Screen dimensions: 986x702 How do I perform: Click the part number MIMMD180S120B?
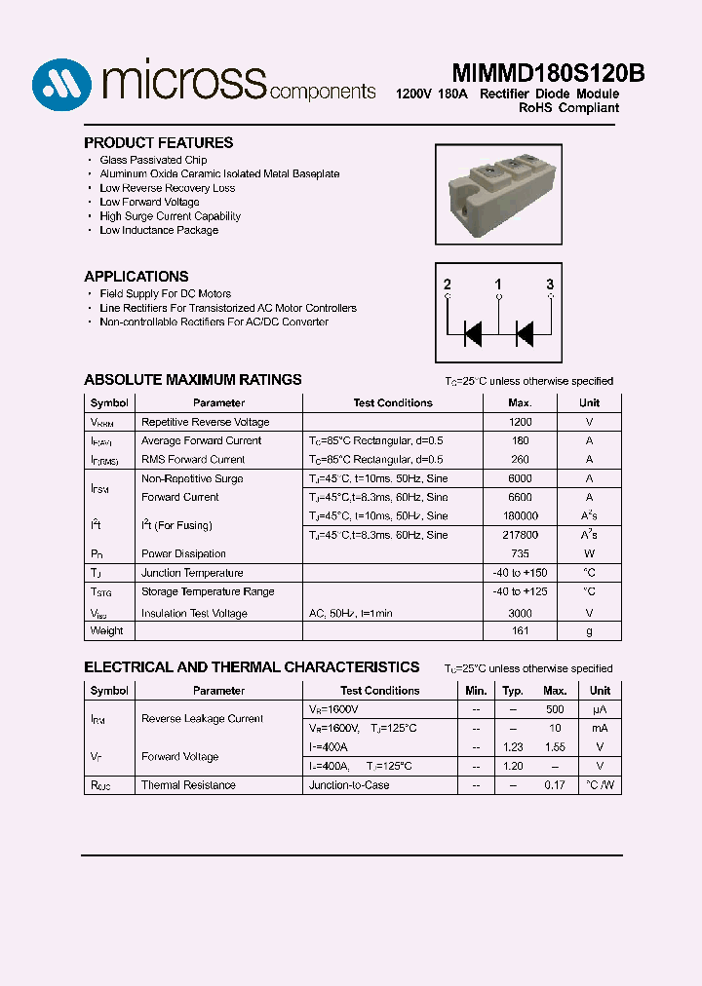pyautogui.click(x=548, y=74)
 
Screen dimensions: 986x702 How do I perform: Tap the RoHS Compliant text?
pyautogui.click(x=568, y=108)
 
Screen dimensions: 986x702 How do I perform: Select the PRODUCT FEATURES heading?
pyautogui.click(x=158, y=142)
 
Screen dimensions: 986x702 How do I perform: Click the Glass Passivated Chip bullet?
pyautogui.click(x=153, y=160)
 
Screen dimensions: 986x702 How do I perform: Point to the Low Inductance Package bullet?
pyautogui.click(x=159, y=230)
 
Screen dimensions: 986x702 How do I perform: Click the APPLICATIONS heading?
pyautogui.click(x=136, y=276)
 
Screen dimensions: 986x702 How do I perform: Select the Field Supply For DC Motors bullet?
pyautogui.click(x=165, y=293)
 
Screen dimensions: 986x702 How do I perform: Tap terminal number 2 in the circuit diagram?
pyautogui.click(x=448, y=284)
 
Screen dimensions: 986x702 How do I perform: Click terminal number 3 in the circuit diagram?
pyautogui.click(x=550, y=284)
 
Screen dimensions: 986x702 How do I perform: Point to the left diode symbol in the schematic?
pyautogui.click(x=473, y=333)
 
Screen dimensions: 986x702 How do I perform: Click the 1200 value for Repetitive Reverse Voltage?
pyautogui.click(x=520, y=422)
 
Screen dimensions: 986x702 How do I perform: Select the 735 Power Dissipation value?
pyautogui.click(x=520, y=553)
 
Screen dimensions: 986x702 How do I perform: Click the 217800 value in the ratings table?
pyautogui.click(x=520, y=535)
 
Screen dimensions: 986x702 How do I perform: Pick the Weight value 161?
pyautogui.click(x=520, y=630)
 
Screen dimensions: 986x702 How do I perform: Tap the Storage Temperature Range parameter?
pyautogui.click(x=208, y=591)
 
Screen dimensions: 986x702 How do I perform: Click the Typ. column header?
pyautogui.click(x=513, y=690)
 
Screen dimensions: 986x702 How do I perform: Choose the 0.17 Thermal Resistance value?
pyautogui.click(x=555, y=784)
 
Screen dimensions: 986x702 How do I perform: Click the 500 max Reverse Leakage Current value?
pyautogui.click(x=555, y=709)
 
